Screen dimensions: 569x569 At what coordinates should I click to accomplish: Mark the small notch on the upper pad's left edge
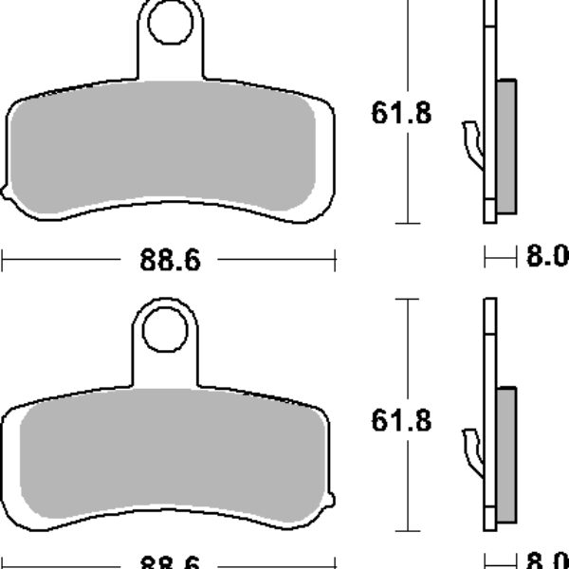coord(7,197)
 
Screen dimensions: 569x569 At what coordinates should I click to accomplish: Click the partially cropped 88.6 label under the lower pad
coord(171,561)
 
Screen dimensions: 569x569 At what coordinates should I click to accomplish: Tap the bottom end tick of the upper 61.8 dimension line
coord(406,224)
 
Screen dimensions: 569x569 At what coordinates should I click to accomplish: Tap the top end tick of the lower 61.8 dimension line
coord(406,299)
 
